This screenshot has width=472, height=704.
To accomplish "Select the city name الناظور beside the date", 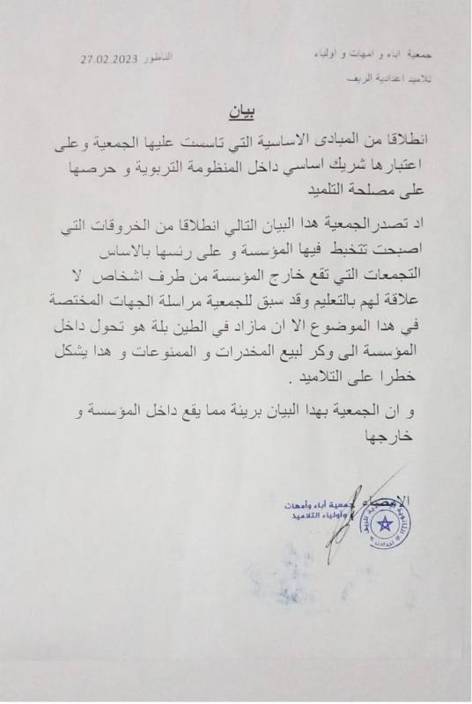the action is pos(159,57).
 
